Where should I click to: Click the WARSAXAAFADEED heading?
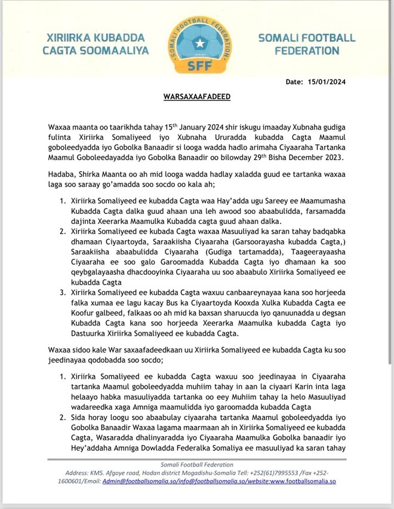pyautogui.click(x=196, y=96)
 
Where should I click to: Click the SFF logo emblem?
pyautogui.click(x=197, y=42)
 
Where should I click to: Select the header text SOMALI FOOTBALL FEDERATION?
pyautogui.click(x=307, y=44)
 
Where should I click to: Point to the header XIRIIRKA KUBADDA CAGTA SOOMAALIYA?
pyautogui.click(x=96, y=44)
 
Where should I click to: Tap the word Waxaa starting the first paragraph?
pyautogui.click(x=60, y=128)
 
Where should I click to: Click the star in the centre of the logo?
pyautogui.click(x=197, y=37)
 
